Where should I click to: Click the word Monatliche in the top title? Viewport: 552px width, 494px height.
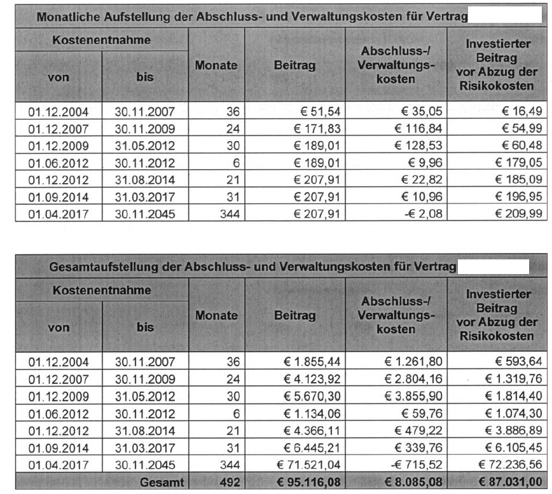[69, 17]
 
